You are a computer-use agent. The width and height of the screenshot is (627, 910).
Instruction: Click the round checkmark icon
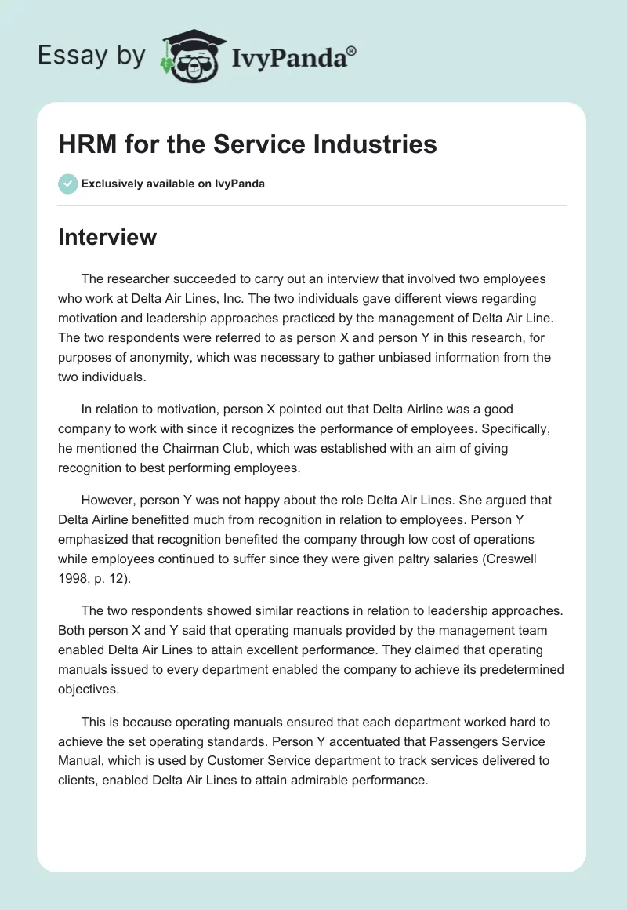67,184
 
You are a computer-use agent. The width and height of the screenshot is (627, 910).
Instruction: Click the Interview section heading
107,237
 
